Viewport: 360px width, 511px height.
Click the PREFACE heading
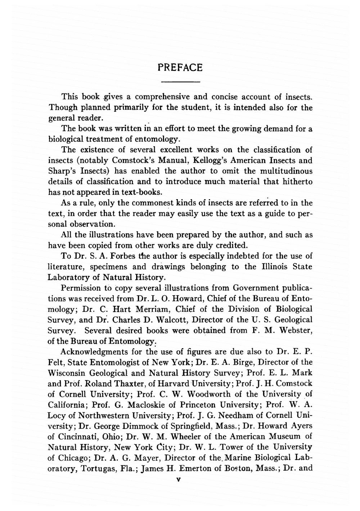coord(180,68)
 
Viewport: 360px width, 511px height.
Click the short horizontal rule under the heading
coord(180,82)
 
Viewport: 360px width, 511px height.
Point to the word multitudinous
coord(286,171)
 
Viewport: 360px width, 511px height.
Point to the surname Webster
coord(296,331)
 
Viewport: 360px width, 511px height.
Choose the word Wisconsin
coord(66,373)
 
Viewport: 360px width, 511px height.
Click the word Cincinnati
coord(79,437)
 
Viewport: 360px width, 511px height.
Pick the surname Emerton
coord(195,469)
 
